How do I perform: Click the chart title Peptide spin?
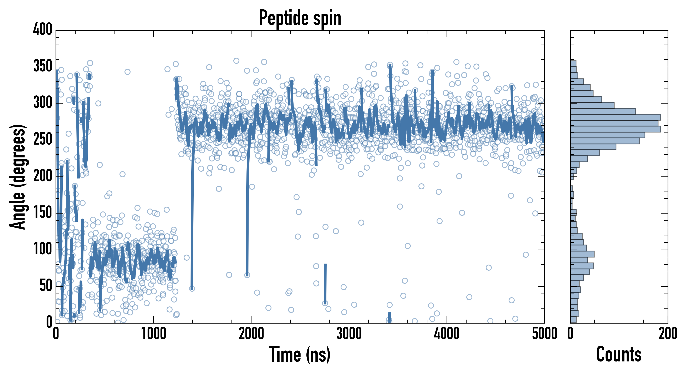(x=300, y=18)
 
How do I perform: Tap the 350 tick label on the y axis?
(x=43, y=66)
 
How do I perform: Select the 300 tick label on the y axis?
(x=43, y=103)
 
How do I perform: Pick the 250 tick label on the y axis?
(x=43, y=139)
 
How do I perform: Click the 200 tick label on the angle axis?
(x=43, y=176)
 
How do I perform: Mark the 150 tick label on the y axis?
(x=43, y=213)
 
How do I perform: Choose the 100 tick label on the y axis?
(x=43, y=249)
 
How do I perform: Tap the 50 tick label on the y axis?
(x=46, y=286)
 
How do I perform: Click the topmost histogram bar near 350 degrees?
(x=573, y=64)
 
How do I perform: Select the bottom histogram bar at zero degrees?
(x=573, y=320)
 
